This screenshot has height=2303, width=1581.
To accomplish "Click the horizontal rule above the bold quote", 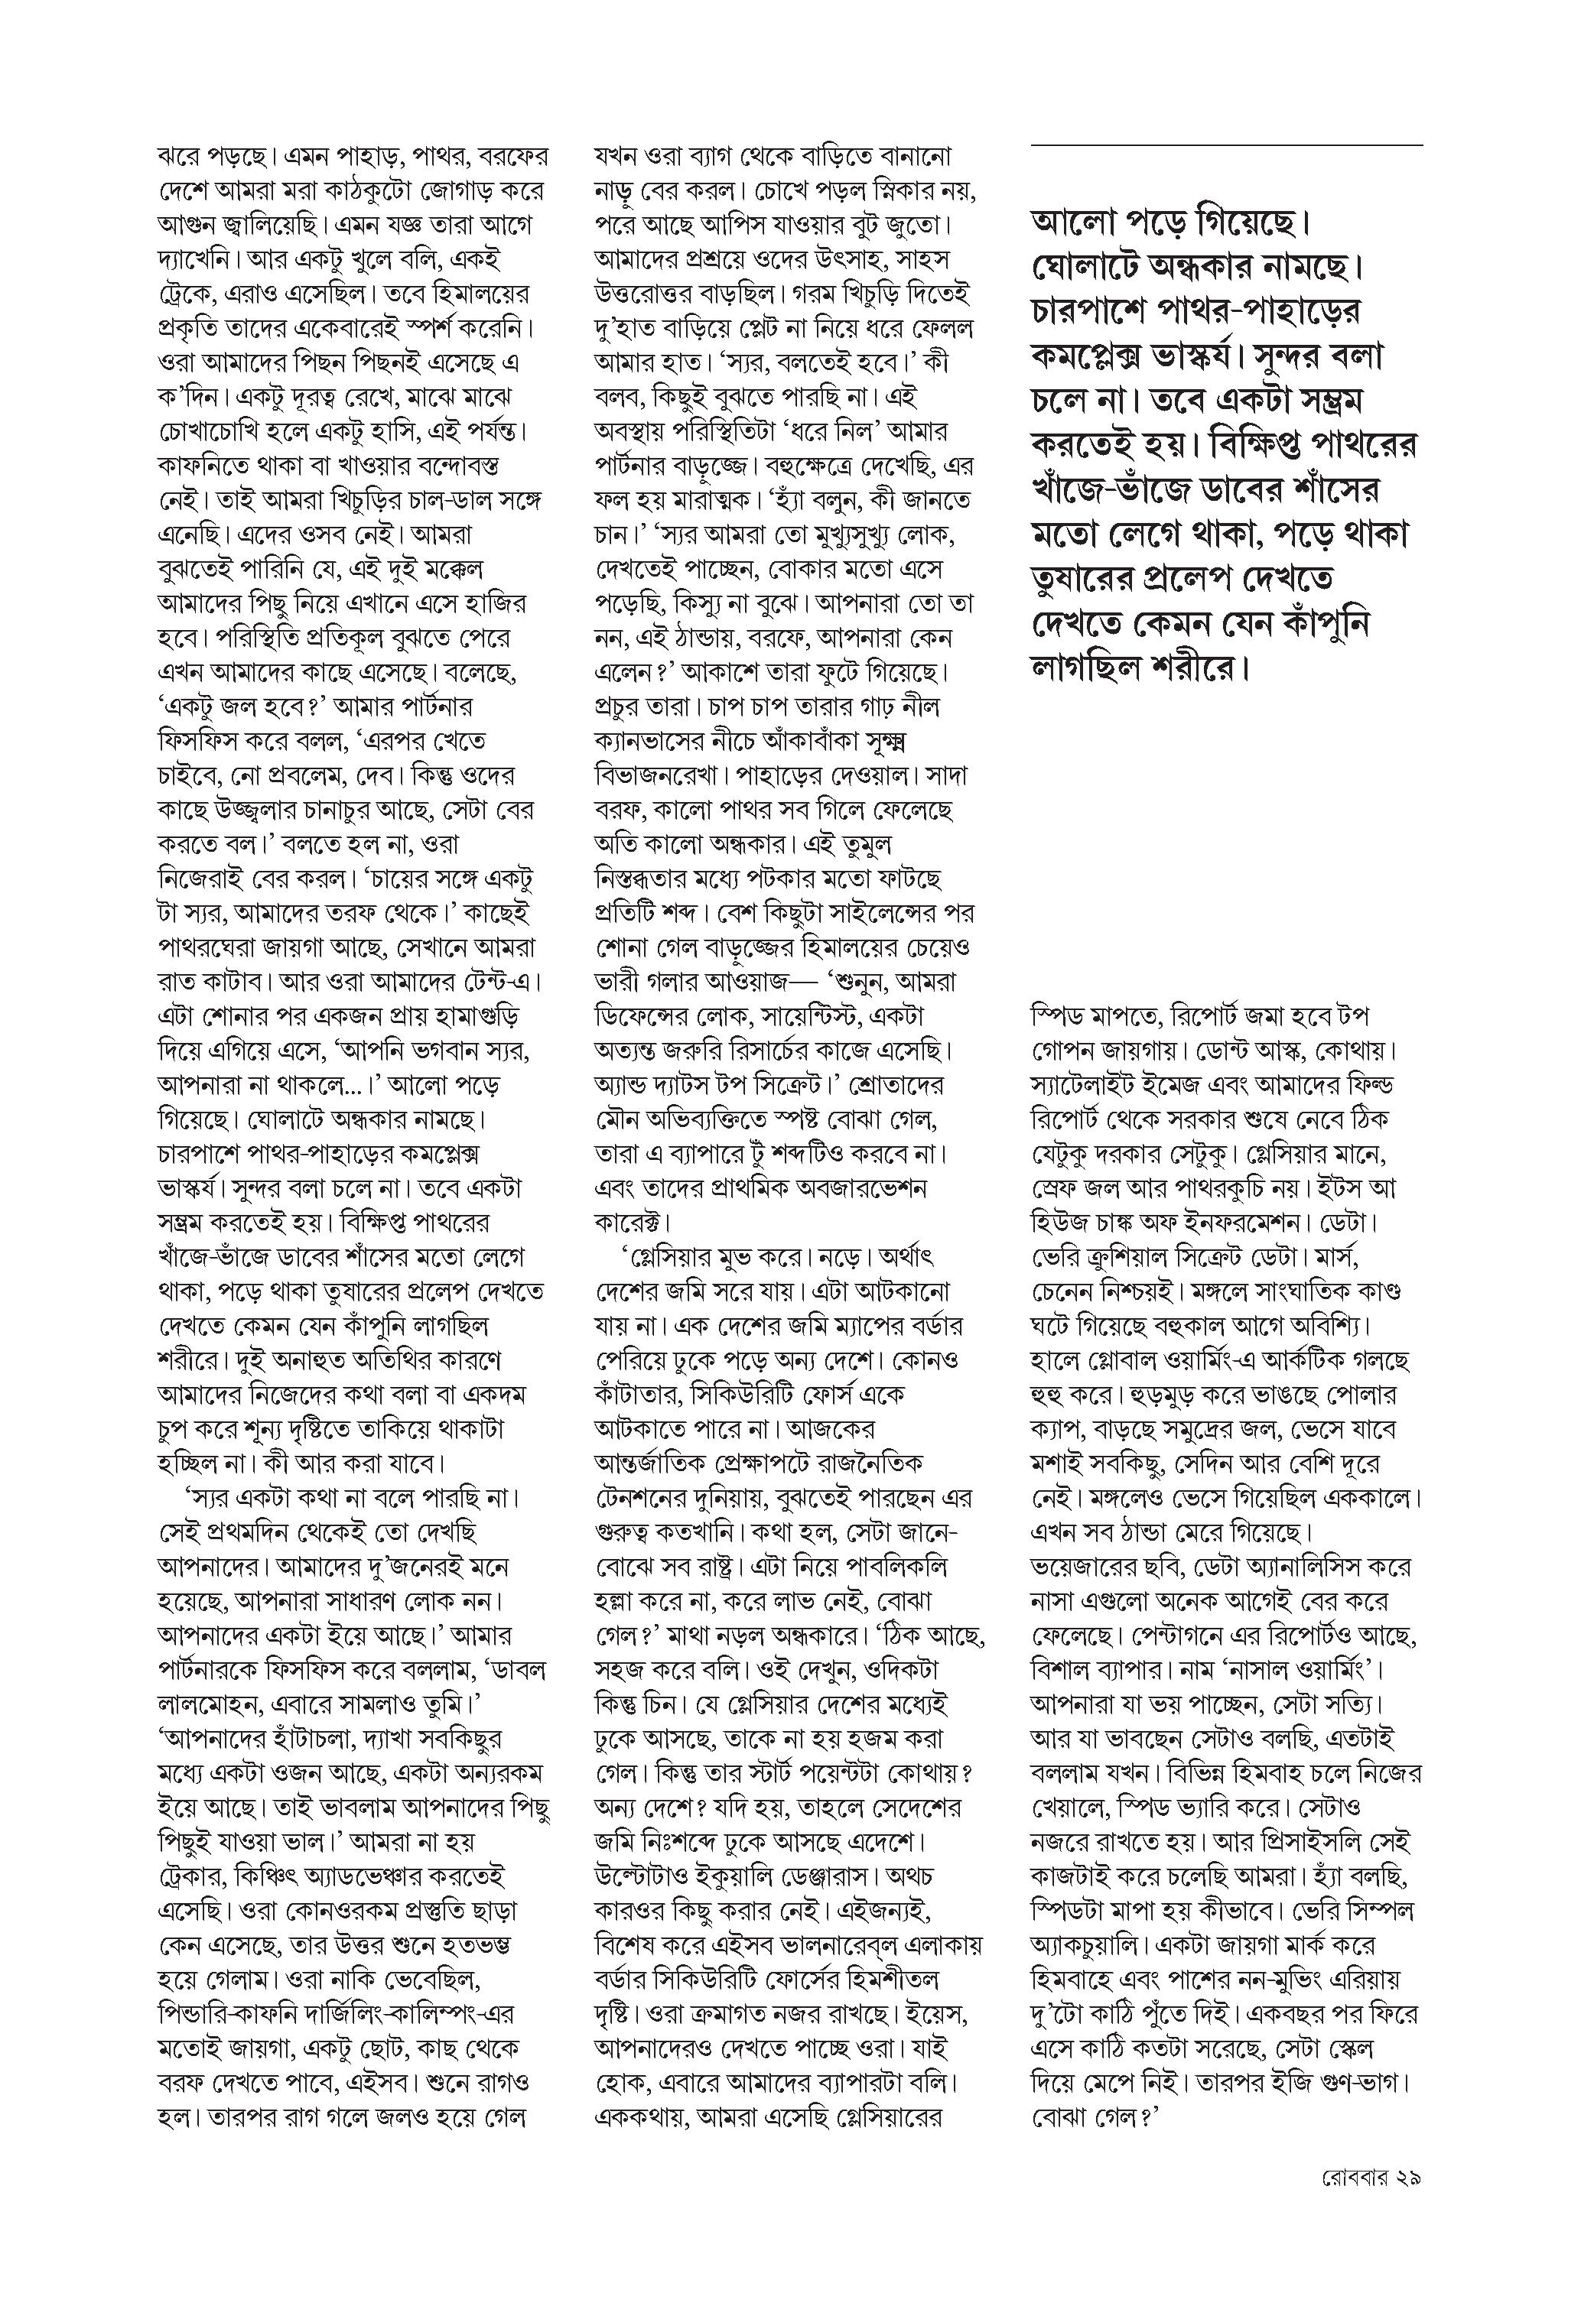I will point(1226,146).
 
